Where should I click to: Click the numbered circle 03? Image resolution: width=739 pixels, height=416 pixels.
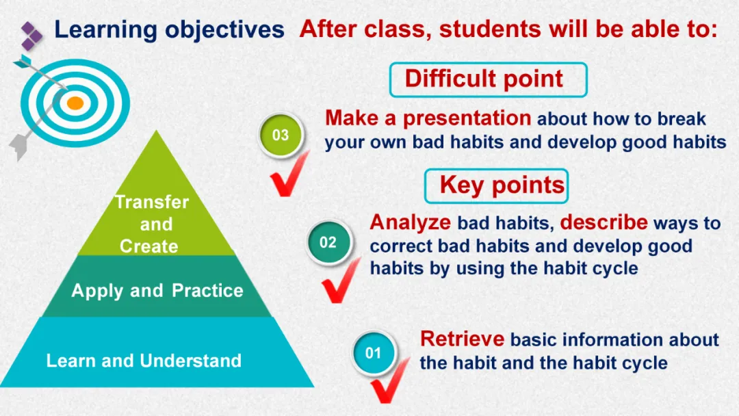(281, 135)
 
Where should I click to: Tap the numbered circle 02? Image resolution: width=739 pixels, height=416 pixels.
(328, 242)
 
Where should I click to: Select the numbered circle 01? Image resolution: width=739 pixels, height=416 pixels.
(374, 353)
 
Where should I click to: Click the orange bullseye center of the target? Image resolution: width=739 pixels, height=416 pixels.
(75, 103)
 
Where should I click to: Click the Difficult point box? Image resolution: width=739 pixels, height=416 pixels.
(489, 79)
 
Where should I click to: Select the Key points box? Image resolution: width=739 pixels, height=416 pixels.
(496, 185)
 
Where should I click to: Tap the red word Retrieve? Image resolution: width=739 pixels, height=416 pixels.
(462, 339)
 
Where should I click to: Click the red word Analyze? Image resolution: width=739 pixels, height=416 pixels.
(410, 222)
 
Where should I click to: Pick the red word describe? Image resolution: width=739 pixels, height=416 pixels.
(604, 222)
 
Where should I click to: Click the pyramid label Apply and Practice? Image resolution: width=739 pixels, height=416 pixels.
(157, 291)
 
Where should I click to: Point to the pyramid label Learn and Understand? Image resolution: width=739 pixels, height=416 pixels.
(144, 361)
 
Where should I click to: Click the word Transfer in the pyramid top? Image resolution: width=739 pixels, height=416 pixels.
(152, 202)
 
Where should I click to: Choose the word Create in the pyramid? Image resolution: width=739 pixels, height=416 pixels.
(149, 246)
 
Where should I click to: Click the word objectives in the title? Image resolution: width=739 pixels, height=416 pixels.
(224, 29)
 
